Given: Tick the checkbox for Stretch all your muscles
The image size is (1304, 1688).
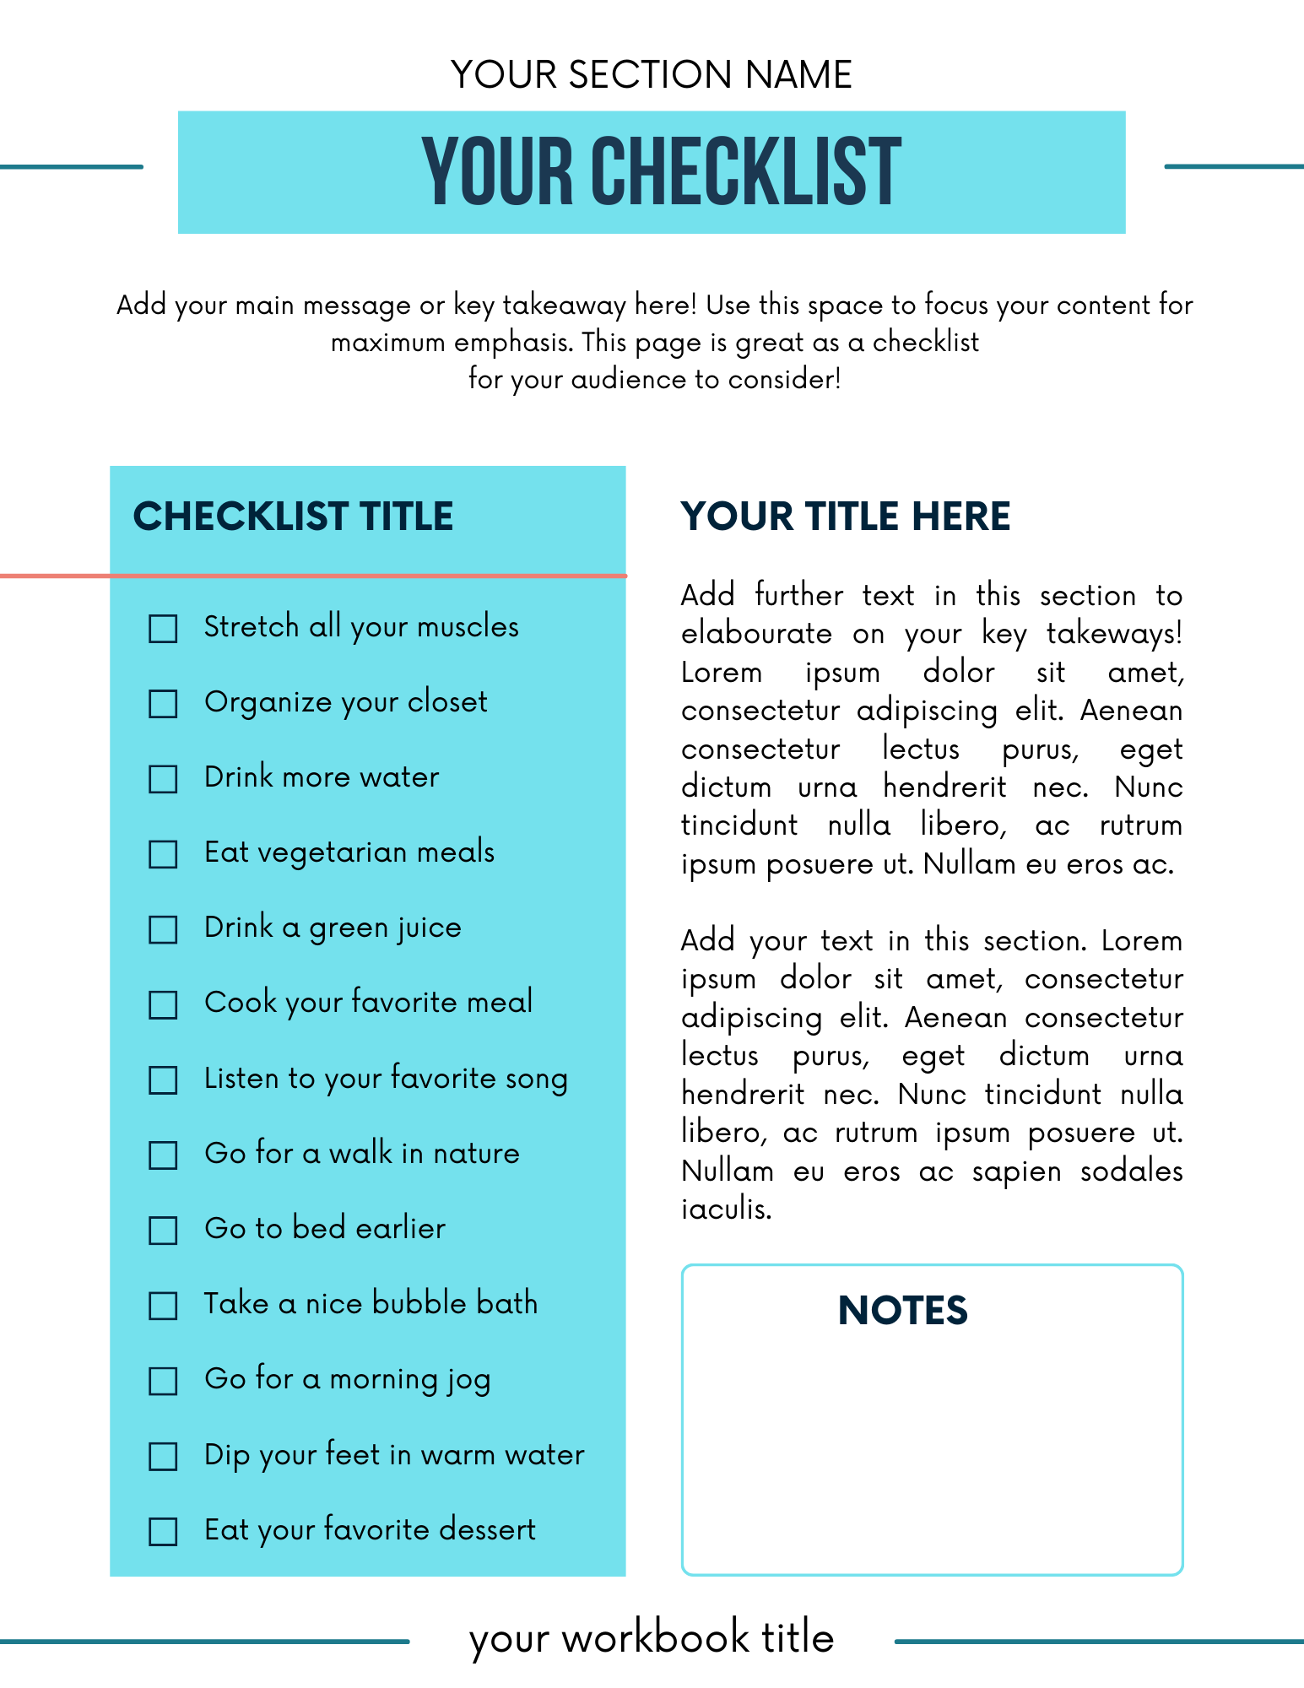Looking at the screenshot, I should tap(163, 628).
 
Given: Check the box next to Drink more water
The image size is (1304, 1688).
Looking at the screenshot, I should tap(163, 778).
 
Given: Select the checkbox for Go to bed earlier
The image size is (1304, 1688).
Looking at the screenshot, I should tap(163, 1230).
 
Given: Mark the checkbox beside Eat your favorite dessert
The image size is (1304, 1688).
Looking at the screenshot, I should tap(163, 1531).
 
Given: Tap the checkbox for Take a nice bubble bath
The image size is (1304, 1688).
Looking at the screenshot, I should tap(163, 1305).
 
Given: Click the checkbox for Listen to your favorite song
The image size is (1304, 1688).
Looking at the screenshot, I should tap(163, 1079).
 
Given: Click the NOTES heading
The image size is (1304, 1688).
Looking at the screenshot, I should tap(902, 1311).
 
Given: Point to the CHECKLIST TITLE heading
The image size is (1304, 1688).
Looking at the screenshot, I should tap(293, 517).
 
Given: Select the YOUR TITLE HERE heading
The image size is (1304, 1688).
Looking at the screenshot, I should tap(845, 517).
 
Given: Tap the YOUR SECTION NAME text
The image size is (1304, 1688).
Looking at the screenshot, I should tap(651, 74).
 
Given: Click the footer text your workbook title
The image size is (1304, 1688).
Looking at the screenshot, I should tap(651, 1637).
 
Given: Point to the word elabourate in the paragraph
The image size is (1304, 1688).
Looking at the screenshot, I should tap(756, 634).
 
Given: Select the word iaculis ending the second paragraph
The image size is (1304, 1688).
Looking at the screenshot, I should tap(726, 1209).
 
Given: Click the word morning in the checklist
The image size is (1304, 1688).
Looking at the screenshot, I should tap(382, 1379).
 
